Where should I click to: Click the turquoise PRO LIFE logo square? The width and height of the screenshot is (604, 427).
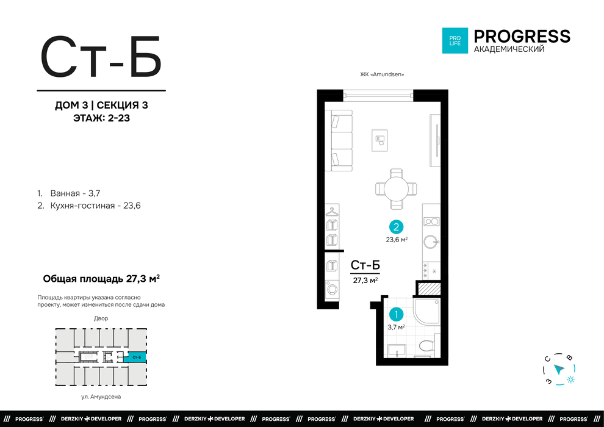pyautogui.click(x=455, y=40)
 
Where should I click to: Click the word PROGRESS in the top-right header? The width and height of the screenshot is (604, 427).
pyautogui.click(x=522, y=37)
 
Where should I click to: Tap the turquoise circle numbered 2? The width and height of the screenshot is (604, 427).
pyautogui.click(x=396, y=227)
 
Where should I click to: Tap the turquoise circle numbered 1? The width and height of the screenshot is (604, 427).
pyautogui.click(x=396, y=315)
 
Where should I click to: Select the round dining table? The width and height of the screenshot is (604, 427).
pyautogui.click(x=397, y=188)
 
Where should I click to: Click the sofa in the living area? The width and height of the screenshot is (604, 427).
pyautogui.click(x=339, y=140)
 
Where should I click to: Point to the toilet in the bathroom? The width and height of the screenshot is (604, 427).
pyautogui.click(x=426, y=345)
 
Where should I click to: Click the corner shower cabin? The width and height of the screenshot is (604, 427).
pyautogui.click(x=427, y=311)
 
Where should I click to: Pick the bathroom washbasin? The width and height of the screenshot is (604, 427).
pyautogui.click(x=397, y=350)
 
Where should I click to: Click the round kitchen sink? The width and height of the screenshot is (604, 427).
pyautogui.click(x=431, y=242)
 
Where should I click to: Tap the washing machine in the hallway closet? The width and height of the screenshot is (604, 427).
pyautogui.click(x=332, y=289)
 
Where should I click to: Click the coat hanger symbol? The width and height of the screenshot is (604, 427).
pyautogui.click(x=332, y=211)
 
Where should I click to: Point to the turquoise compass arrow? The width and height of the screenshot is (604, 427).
pyautogui.click(x=559, y=369)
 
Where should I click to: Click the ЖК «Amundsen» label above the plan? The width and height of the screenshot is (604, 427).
pyautogui.click(x=382, y=74)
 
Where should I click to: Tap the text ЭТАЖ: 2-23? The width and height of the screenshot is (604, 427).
pyautogui.click(x=101, y=118)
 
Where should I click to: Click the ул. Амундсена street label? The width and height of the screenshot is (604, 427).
pyautogui.click(x=101, y=396)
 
